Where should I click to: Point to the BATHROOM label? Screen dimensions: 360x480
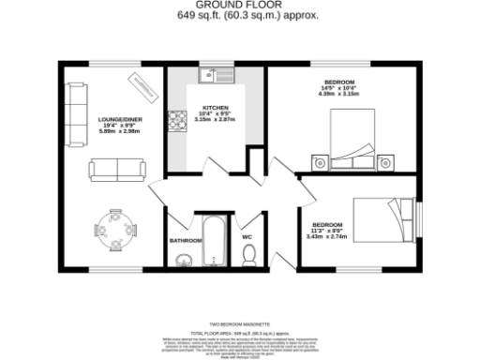186,240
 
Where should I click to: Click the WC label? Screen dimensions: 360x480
247,237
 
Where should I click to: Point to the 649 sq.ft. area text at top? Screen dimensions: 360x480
241,16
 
